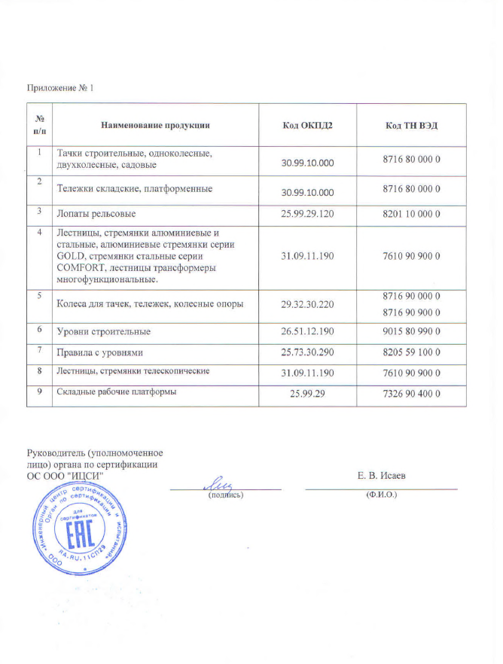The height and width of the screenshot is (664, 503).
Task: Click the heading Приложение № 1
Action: coord(60,89)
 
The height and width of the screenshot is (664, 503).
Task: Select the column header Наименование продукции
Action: coord(155,124)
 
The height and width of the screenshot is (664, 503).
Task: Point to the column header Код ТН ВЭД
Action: coord(411,124)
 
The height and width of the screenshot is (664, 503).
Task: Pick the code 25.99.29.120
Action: coord(306,215)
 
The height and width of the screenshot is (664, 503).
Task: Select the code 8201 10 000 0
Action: coord(411,215)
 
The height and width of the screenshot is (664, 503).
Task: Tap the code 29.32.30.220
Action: coord(306,304)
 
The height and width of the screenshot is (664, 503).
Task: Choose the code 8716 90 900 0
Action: coord(411,312)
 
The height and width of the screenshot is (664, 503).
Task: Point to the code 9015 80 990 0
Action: coord(411,331)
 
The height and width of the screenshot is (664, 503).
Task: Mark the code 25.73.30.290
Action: coord(306,352)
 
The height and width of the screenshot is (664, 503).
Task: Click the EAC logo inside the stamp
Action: coord(75,537)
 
